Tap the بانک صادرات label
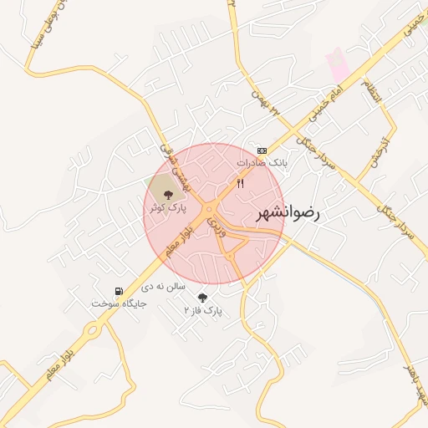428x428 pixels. coord(261,163)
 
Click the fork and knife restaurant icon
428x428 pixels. coord(241,183)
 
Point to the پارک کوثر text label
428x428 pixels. coord(168,207)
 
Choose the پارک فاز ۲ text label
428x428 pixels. coord(204,310)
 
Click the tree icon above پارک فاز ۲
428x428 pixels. coord(201,297)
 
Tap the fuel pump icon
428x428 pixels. coord(119,291)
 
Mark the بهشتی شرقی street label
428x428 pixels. coord(175,167)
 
